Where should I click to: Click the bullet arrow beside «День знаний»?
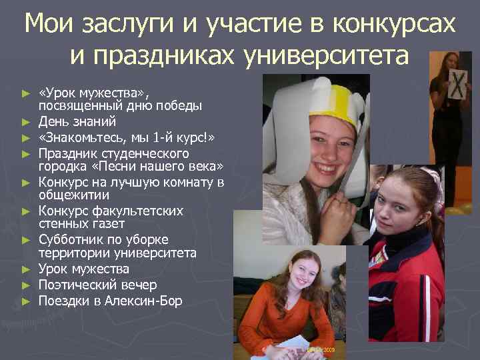pyautogui.click(x=26, y=122)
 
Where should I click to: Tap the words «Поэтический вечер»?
pyautogui.click(x=97, y=285)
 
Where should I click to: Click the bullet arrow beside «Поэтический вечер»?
pyautogui.click(x=26, y=285)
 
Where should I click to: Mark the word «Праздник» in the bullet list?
pyautogui.click(x=65, y=152)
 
